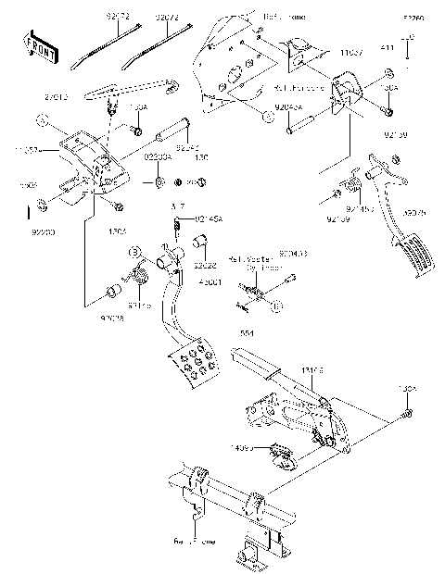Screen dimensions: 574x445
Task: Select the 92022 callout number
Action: [205, 264]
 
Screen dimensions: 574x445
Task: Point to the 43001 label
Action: [205, 281]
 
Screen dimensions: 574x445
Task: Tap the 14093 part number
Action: [244, 448]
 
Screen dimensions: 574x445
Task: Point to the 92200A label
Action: [157, 157]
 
